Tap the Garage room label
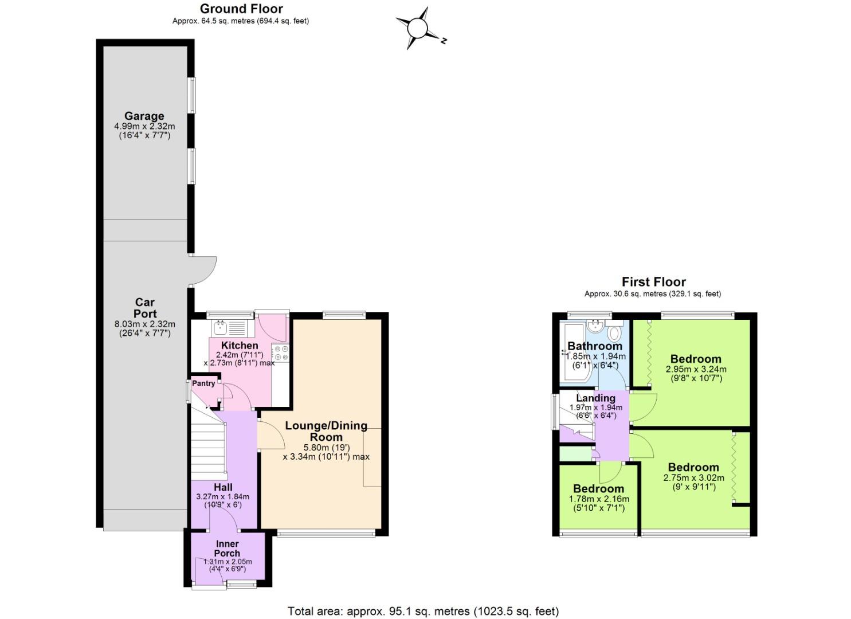[x=144, y=116]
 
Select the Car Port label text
[x=145, y=308]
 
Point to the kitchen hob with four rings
[x=281, y=352]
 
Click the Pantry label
[x=203, y=383]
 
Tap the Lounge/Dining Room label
[x=326, y=431]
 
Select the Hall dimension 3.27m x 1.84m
[x=222, y=497]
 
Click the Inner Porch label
[x=228, y=549]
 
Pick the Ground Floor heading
[x=241, y=9]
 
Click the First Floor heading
[x=653, y=282]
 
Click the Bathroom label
[x=595, y=346]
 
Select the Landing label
[x=596, y=398]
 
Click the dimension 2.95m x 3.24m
[x=696, y=370]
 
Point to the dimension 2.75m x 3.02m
[x=693, y=478]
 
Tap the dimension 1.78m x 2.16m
[x=599, y=499]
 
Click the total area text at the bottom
[x=423, y=611]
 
